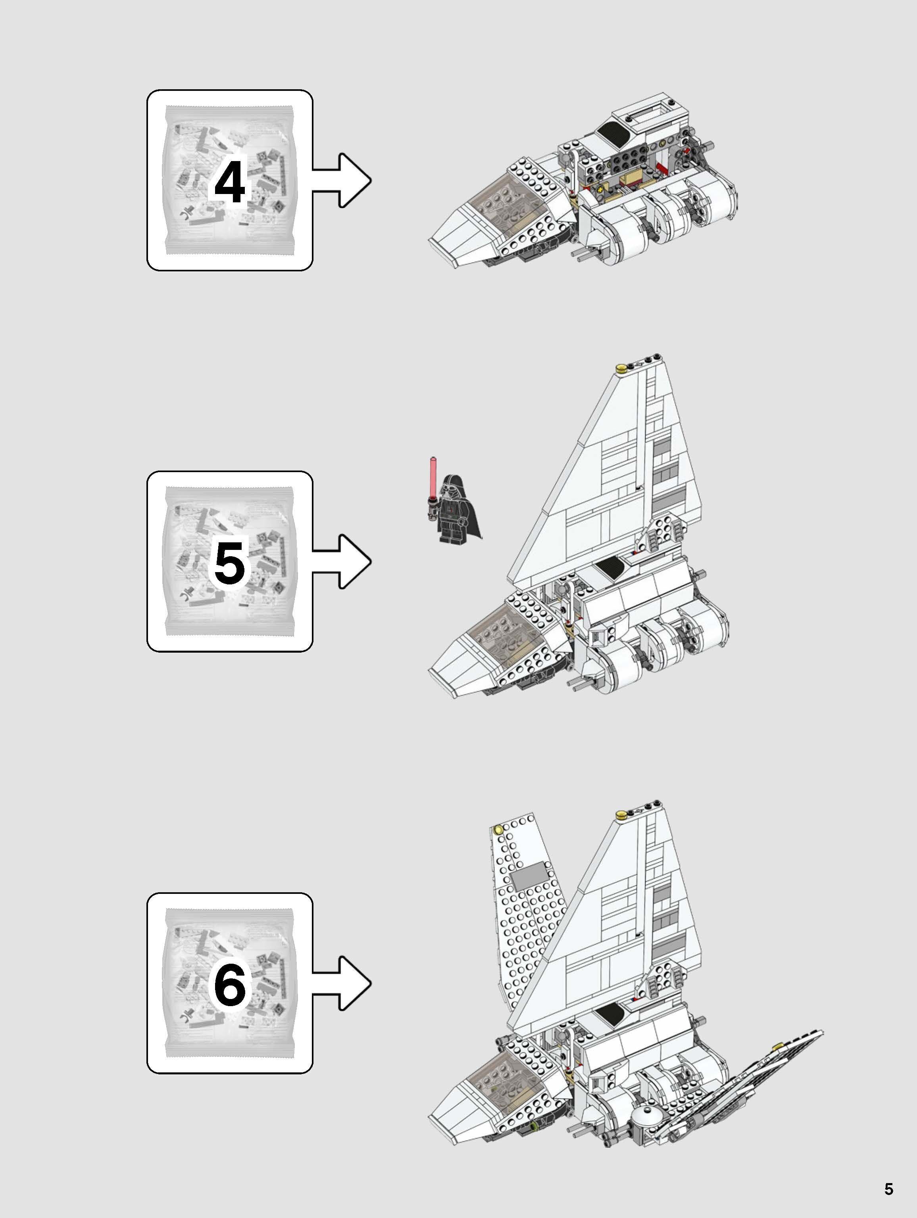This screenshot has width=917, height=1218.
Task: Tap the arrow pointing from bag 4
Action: [x=344, y=180]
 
